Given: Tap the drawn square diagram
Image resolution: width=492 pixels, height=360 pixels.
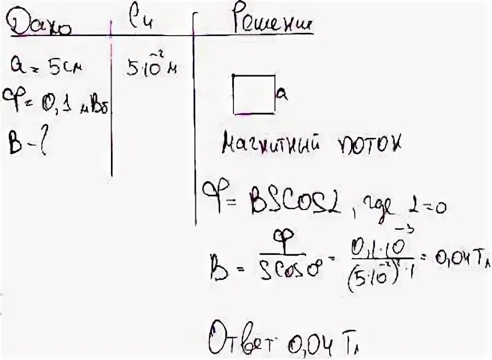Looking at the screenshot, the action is (x=254, y=94).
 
